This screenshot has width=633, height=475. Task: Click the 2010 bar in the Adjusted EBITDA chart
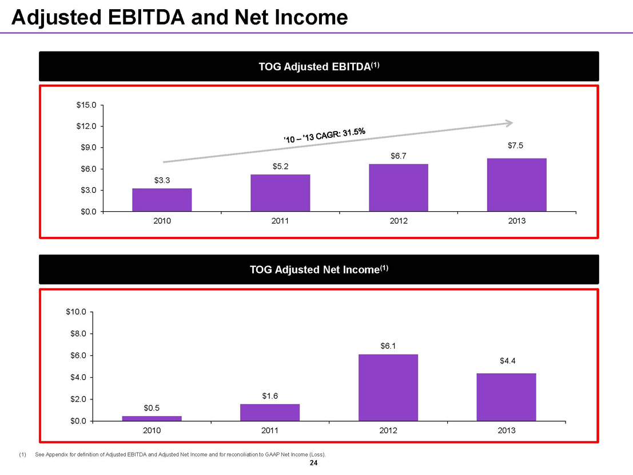pyautogui.click(x=162, y=200)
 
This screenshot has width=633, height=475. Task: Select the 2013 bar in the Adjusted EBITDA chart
pyautogui.click(x=516, y=185)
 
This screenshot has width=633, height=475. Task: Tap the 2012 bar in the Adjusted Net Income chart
pyautogui.click(x=388, y=387)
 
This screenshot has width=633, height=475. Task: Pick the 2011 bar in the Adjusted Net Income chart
pyautogui.click(x=270, y=412)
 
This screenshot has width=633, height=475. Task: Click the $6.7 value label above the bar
pyautogui.click(x=399, y=156)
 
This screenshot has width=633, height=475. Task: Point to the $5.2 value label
pyautogui.click(x=280, y=167)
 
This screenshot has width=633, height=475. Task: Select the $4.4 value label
pyautogui.click(x=507, y=361)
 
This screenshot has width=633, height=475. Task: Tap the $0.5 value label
pyautogui.click(x=152, y=408)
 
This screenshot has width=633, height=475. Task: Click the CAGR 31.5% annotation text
pyautogui.click(x=324, y=135)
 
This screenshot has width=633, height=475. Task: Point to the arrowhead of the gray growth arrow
pyautogui.click(x=509, y=122)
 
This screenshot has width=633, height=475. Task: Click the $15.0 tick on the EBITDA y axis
pyautogui.click(x=87, y=105)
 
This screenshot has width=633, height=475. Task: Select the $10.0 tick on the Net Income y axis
pyautogui.click(x=76, y=312)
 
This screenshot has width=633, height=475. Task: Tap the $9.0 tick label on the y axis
pyautogui.click(x=87, y=148)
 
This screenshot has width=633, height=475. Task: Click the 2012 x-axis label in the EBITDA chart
pyautogui.click(x=399, y=221)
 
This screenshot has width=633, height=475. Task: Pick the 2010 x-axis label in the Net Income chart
pyautogui.click(x=152, y=430)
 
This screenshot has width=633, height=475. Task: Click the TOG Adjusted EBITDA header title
pyautogui.click(x=319, y=66)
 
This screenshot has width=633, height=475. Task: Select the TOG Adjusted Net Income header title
pyautogui.click(x=319, y=270)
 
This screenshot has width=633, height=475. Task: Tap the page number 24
pyautogui.click(x=313, y=464)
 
